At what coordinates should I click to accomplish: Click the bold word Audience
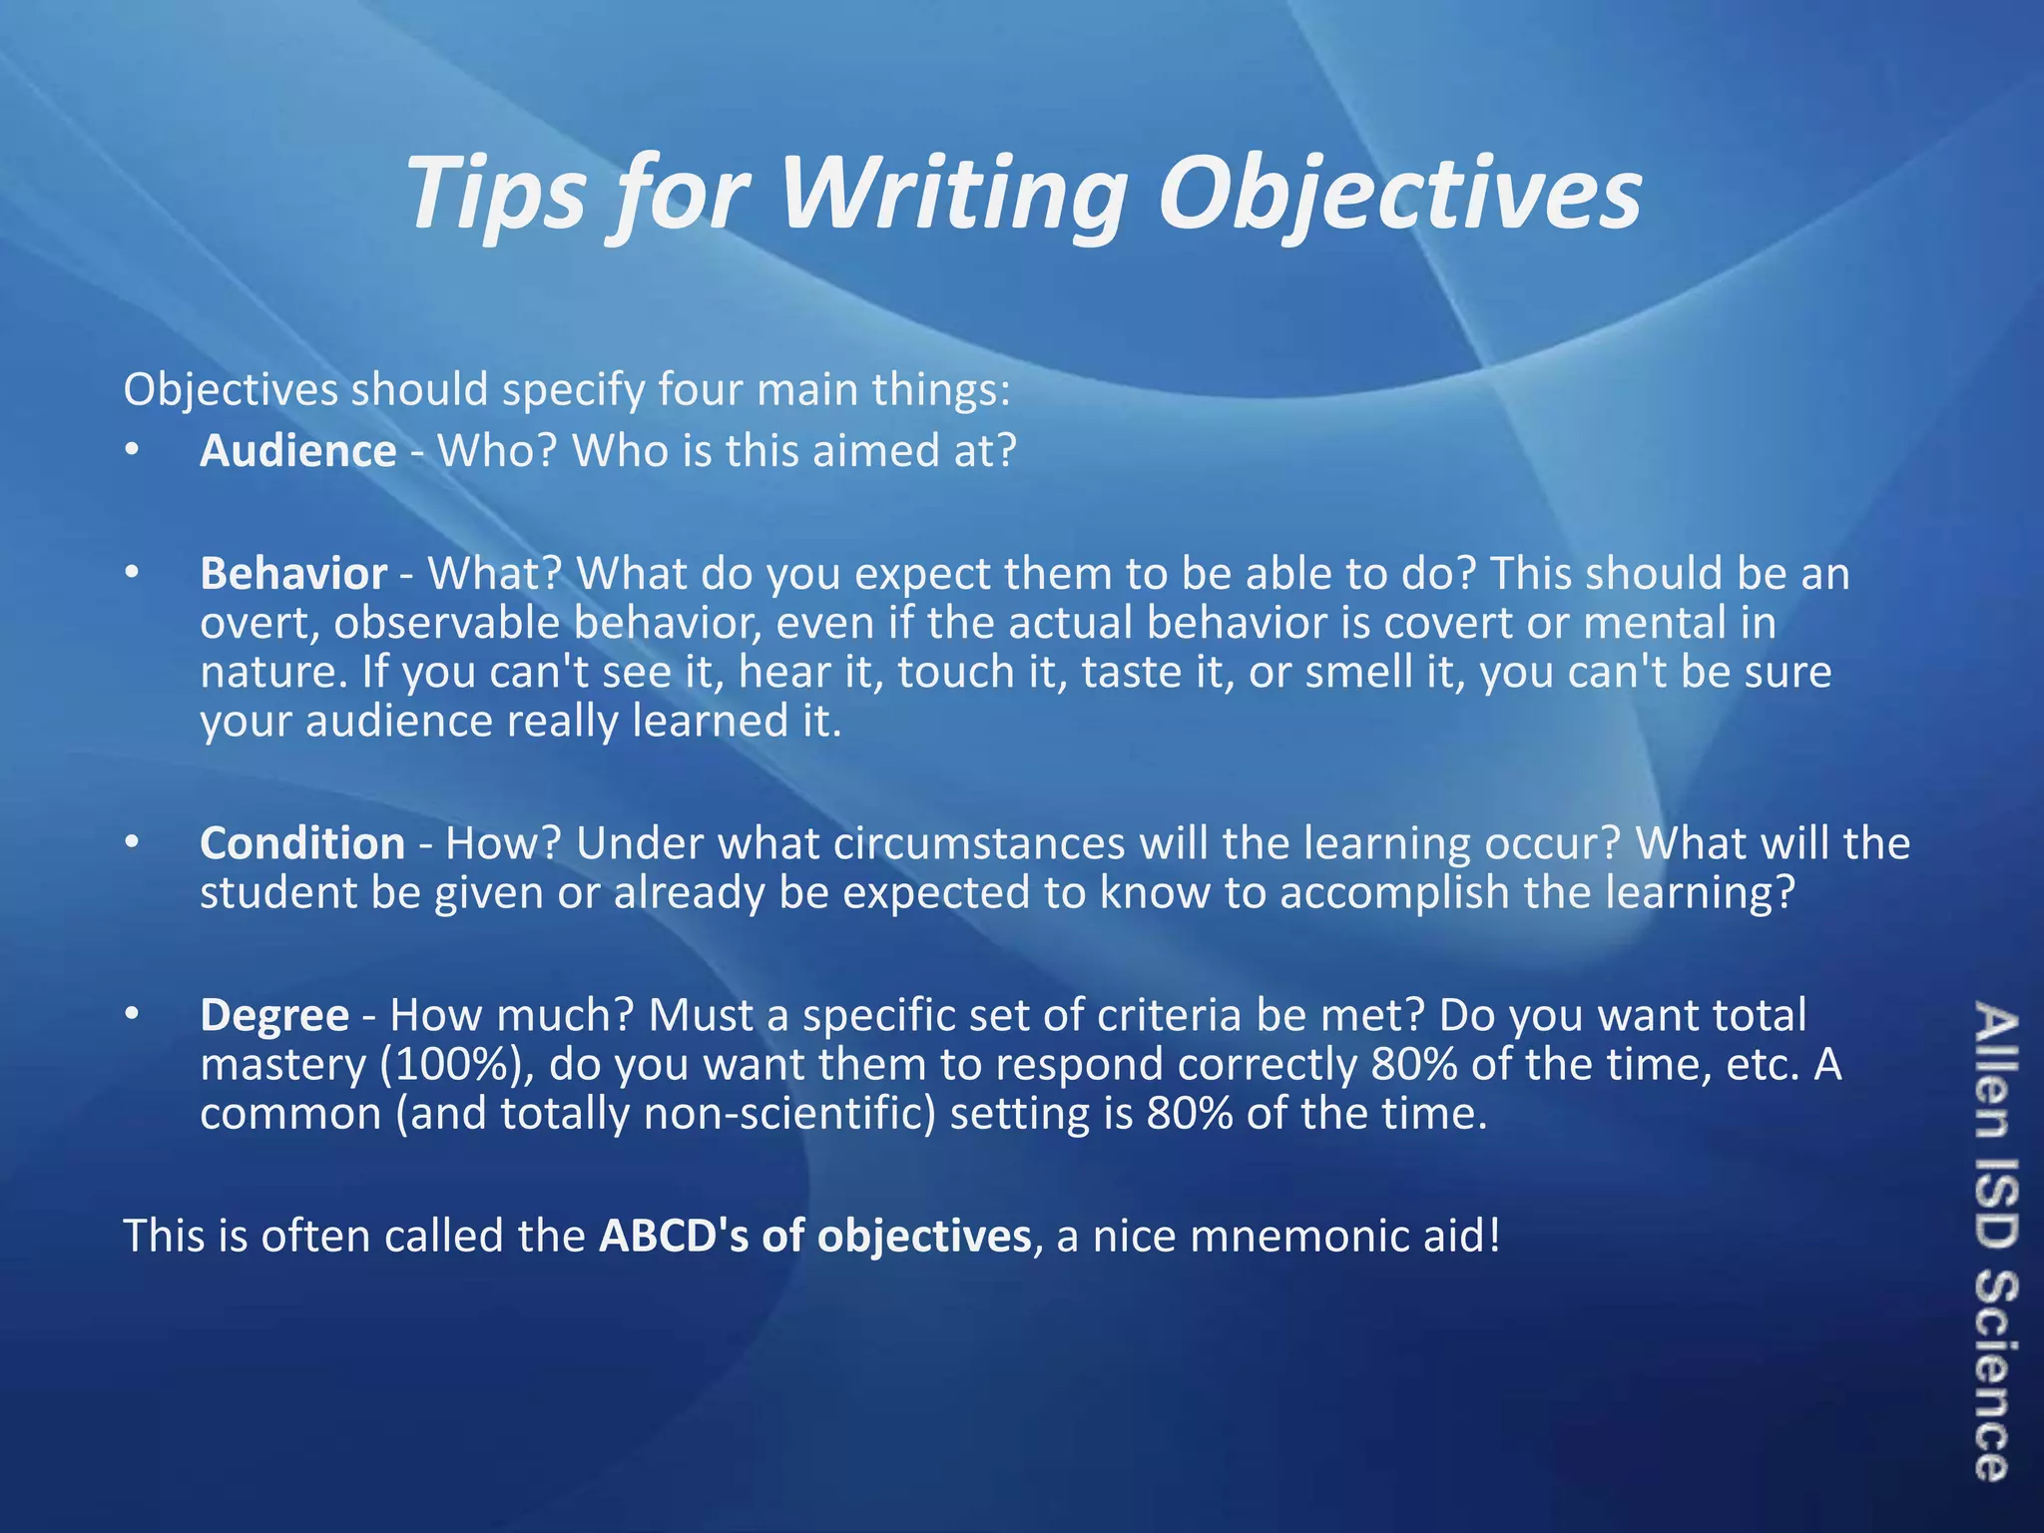click(297, 451)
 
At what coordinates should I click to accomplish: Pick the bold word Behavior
click(293, 574)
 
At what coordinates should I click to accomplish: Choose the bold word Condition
click(302, 843)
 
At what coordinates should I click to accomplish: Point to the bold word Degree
click(274, 1015)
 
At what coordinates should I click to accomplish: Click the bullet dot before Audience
click(131, 451)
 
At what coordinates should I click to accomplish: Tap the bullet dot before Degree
click(131, 1015)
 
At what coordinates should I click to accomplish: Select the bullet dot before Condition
click(131, 843)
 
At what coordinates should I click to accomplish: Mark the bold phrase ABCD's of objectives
click(814, 1236)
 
